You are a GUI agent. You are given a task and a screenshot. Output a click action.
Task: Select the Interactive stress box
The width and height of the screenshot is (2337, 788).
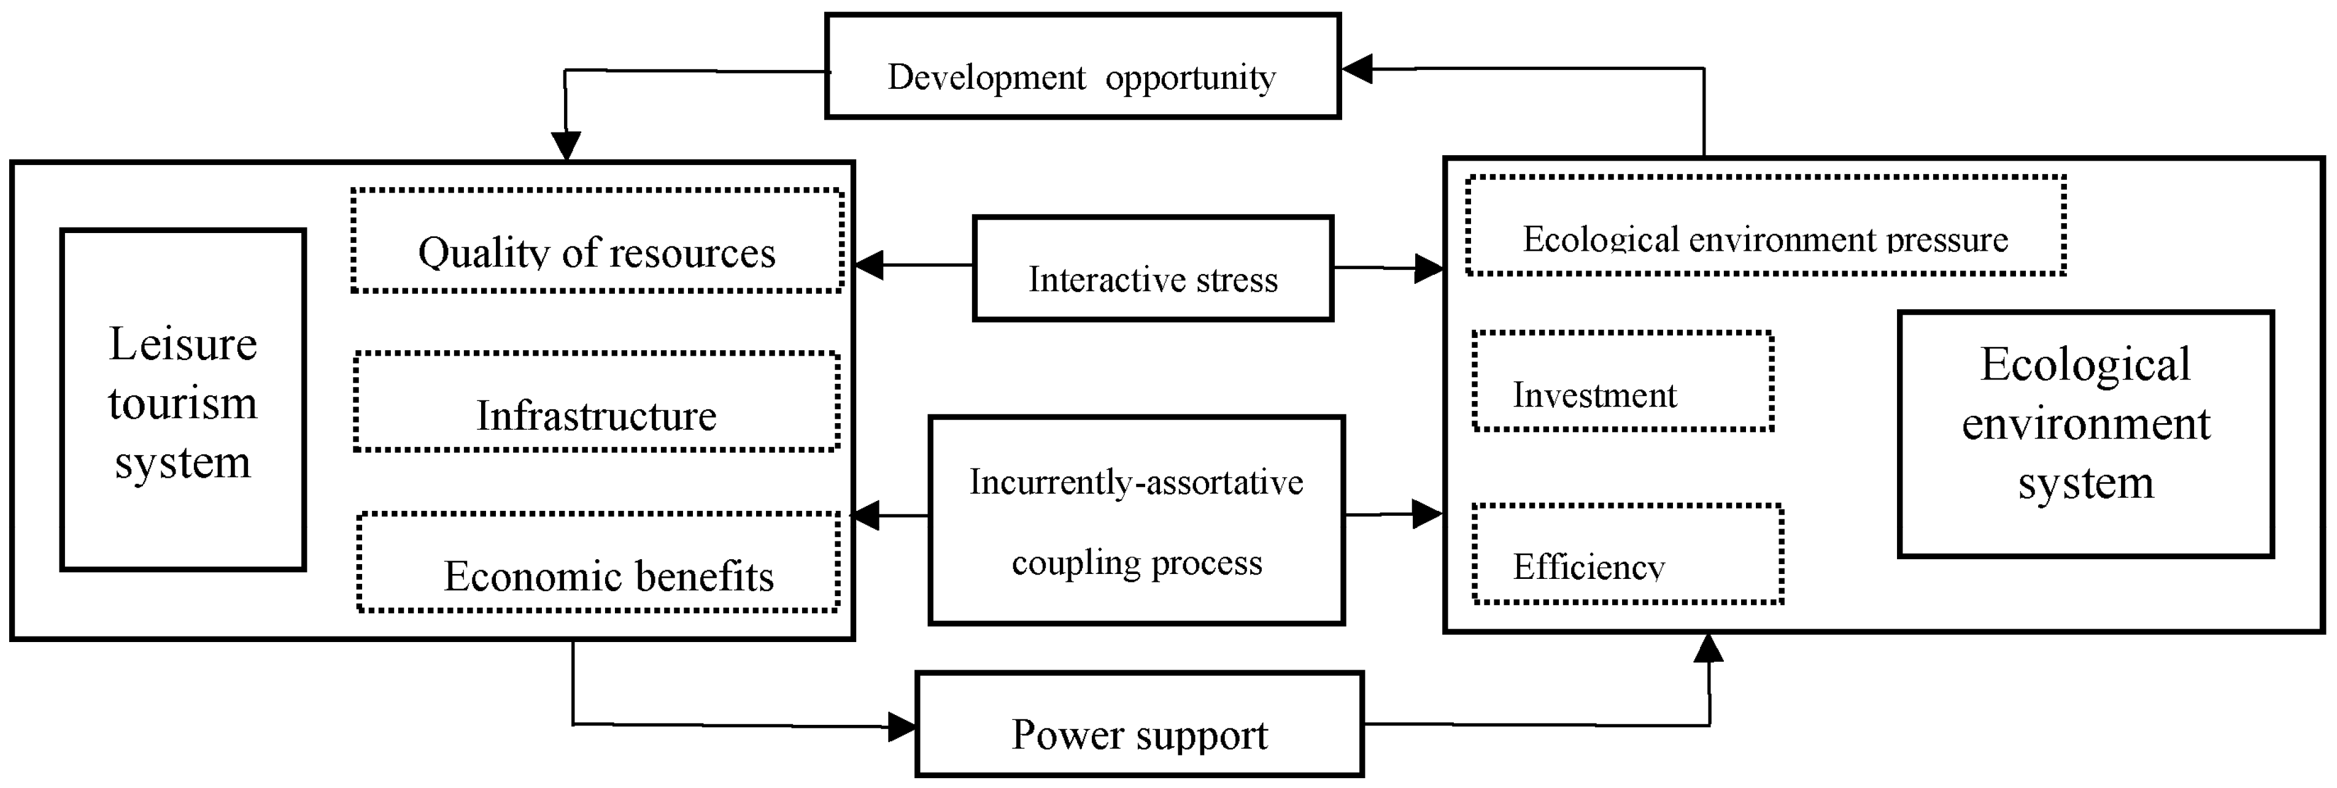click(x=1152, y=269)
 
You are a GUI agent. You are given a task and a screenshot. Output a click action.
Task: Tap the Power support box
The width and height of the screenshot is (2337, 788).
click(x=1140, y=724)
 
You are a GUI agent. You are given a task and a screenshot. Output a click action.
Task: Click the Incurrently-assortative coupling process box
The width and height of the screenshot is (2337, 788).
click(x=1136, y=521)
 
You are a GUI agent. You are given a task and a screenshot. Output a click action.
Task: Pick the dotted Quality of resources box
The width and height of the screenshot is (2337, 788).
click(x=597, y=241)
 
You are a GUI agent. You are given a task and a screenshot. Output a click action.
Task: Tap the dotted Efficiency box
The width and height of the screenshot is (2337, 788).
click(x=1628, y=554)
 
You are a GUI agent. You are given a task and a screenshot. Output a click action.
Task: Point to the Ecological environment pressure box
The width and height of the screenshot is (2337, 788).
click(x=1766, y=226)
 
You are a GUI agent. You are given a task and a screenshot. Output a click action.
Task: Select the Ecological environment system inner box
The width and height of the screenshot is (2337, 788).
click(x=2086, y=434)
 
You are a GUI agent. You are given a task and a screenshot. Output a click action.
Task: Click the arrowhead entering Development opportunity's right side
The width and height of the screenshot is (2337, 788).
click(x=1357, y=69)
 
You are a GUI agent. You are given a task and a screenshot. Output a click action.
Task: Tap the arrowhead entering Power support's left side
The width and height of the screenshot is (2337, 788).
click(x=902, y=726)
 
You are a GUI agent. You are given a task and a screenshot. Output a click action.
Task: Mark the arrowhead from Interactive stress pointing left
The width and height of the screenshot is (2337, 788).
click(x=869, y=265)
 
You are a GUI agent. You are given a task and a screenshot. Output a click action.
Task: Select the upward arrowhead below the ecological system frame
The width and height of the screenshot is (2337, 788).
click(x=1709, y=648)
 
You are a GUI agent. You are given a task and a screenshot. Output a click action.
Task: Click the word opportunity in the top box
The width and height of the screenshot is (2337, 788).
click(x=1190, y=78)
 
